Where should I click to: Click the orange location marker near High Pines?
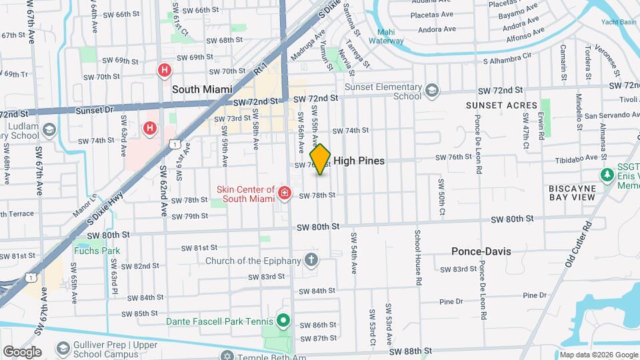click(x=321, y=159)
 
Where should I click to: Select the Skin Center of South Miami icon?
click(x=285, y=193)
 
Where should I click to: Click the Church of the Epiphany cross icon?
click(x=311, y=259)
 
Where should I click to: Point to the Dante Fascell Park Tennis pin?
click(x=283, y=321)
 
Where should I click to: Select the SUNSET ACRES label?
click(x=501, y=105)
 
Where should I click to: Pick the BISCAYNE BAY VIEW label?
click(x=581, y=193)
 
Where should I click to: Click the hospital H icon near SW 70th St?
click(x=164, y=70)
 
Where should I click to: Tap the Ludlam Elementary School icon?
click(x=49, y=129)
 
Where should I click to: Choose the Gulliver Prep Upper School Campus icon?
click(x=63, y=349)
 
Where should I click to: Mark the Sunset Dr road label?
click(x=92, y=110)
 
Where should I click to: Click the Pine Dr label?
click(x=535, y=295)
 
